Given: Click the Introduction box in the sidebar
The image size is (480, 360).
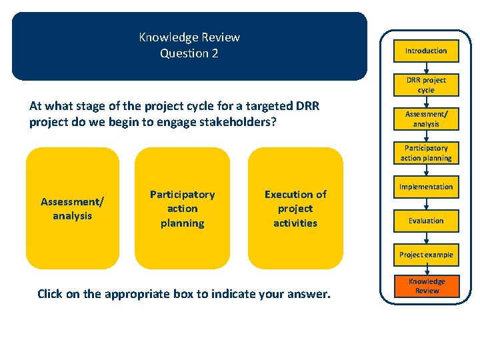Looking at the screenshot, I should (426, 51).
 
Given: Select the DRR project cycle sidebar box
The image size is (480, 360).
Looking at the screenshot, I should (426, 85).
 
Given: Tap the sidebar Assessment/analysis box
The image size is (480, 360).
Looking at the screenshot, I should (426, 119).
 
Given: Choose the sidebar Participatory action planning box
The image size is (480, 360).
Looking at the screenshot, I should (426, 153).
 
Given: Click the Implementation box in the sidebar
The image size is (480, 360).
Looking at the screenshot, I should (426, 187).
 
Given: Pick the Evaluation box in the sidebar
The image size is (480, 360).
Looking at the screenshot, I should (426, 221).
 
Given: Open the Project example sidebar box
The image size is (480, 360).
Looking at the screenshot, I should (426, 255).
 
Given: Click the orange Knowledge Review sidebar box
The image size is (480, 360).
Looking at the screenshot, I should (427, 286).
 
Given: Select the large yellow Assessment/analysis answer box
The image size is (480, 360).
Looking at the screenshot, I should (72, 208).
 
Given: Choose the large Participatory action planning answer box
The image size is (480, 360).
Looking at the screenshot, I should (182, 208).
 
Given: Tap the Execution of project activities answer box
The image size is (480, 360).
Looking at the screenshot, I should (295, 208).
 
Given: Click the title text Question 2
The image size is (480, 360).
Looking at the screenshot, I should (189, 54).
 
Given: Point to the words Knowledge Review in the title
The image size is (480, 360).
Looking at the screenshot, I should (189, 37).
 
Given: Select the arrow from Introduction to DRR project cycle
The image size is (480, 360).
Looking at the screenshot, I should (426, 67).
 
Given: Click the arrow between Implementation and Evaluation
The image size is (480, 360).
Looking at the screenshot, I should (426, 203).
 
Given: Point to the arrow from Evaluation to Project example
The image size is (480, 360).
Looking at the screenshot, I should (426, 238).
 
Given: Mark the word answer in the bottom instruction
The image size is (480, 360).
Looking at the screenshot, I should (309, 293).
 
